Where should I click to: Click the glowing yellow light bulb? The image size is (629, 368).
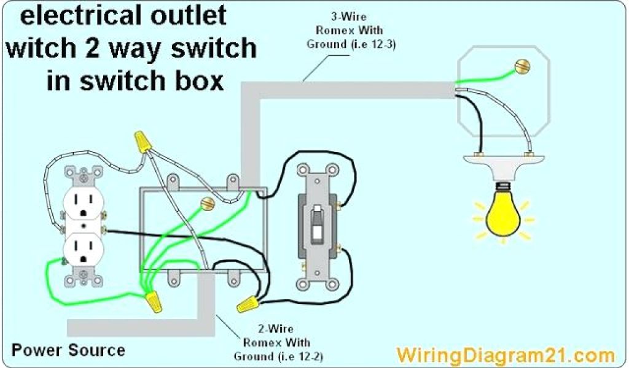point(503,215)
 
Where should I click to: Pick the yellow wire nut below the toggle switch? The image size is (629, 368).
point(247,304)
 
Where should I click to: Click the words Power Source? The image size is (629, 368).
point(68,350)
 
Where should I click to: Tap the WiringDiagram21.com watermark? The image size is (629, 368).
point(505,355)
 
